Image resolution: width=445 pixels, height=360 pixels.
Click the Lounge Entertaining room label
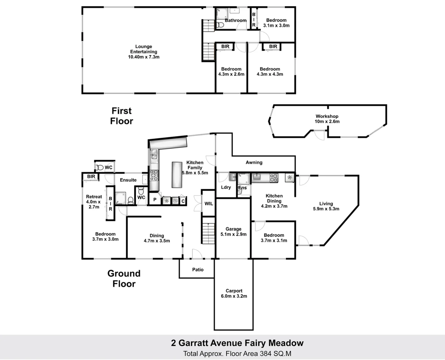coord(143,49)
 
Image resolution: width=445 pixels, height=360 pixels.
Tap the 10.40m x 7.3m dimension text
coord(144,57)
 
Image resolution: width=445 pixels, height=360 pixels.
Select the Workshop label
coord(327,116)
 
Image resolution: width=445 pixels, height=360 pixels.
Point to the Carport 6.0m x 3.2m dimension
coord(234,296)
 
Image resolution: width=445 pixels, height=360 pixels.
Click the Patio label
coord(198,270)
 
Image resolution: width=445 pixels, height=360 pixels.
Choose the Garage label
coord(234,229)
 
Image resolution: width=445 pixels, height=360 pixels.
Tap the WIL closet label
coord(209,204)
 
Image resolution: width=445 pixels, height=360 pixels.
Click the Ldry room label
coord(226,187)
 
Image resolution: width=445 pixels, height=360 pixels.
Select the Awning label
coord(254,162)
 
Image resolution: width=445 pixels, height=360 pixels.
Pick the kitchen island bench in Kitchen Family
coord(177,175)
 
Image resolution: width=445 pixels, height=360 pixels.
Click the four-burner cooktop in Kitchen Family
coord(154,175)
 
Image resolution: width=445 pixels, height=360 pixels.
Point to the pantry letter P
coord(155,200)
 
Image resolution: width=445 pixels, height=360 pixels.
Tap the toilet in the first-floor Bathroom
coord(220,25)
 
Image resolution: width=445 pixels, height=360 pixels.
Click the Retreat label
coord(94,197)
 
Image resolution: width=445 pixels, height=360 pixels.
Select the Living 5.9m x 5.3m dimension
coord(326,209)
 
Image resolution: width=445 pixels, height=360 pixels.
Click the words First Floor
coord(122,116)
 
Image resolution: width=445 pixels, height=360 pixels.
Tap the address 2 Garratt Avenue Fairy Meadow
coord(237,343)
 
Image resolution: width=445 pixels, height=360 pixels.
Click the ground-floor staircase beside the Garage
coord(208,230)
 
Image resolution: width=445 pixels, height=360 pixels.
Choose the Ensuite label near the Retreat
coord(128,180)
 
